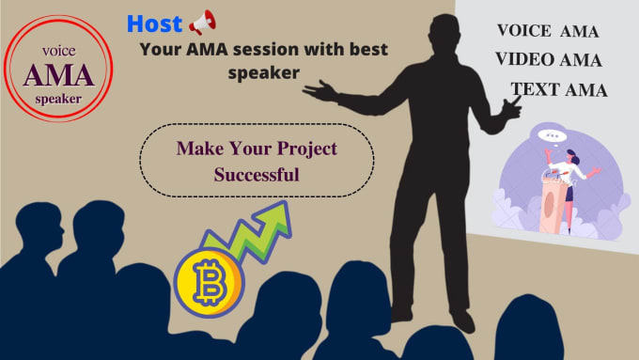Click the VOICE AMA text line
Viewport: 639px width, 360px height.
pos(547,31)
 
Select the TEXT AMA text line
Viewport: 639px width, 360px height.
pos(558,90)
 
